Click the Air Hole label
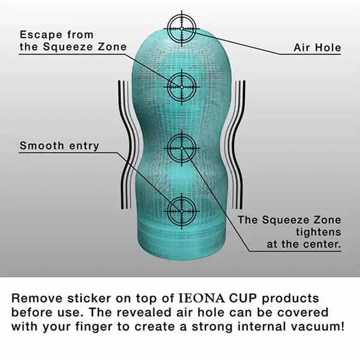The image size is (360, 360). click(317, 47)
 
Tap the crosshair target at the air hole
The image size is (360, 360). click(182, 28)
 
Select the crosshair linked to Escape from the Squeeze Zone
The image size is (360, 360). click(182, 87)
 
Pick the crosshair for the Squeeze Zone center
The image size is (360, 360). click(182, 148)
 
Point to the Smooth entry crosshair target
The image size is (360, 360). click(182, 211)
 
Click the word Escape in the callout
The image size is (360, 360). click(41, 35)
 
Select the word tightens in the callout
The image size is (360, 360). click(318, 232)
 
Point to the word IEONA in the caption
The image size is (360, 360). click(202, 298)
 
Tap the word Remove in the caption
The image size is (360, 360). click(37, 298)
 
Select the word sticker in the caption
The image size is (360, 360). click(89, 298)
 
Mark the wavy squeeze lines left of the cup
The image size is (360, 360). click(128, 145)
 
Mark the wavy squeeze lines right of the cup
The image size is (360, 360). click(235, 145)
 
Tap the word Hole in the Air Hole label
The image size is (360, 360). click(328, 47)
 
